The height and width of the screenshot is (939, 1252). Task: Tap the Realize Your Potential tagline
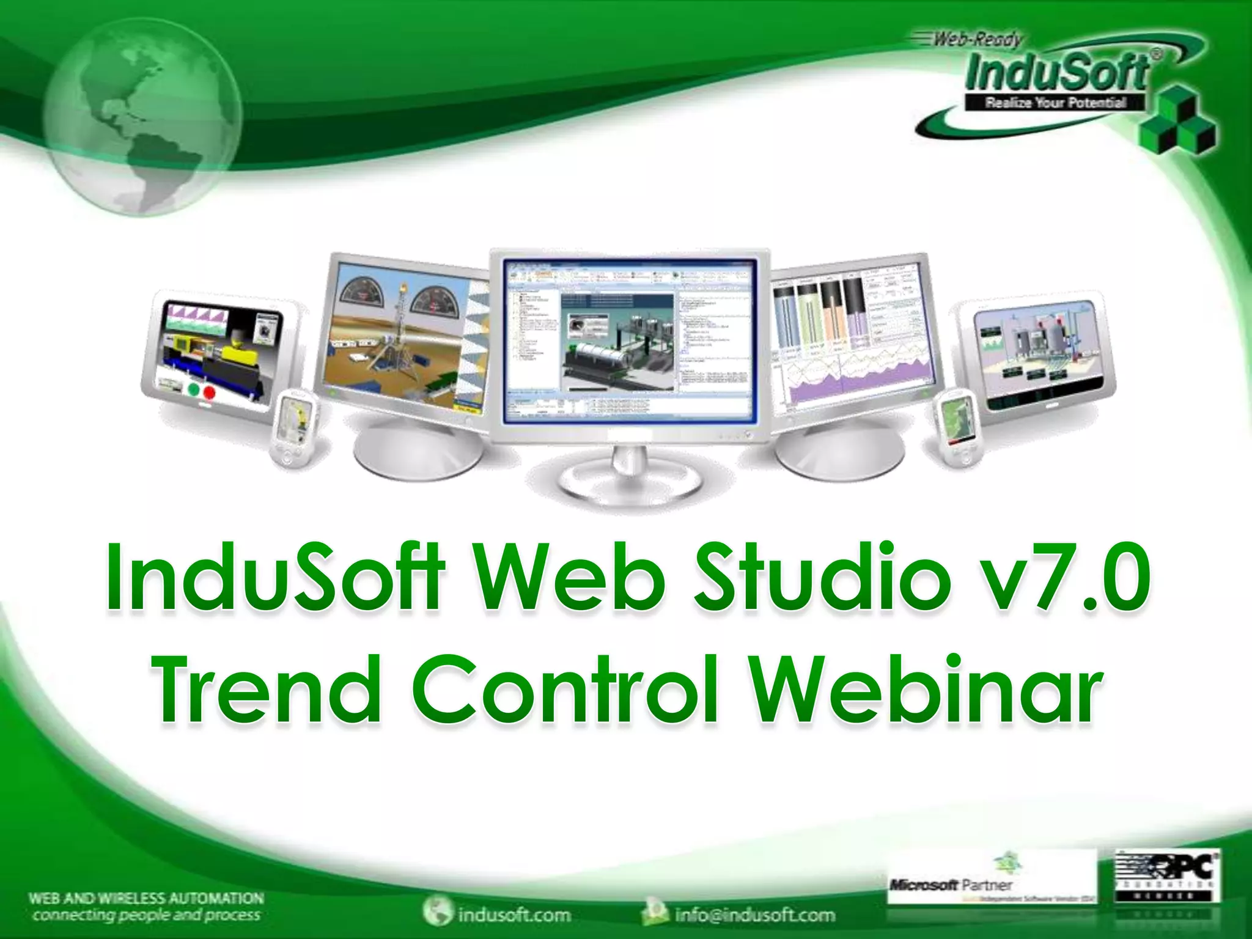click(1055, 103)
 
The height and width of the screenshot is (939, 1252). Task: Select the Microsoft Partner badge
click(990, 878)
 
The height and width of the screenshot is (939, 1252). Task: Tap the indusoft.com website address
click(514, 915)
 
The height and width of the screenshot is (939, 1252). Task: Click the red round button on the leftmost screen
click(210, 392)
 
